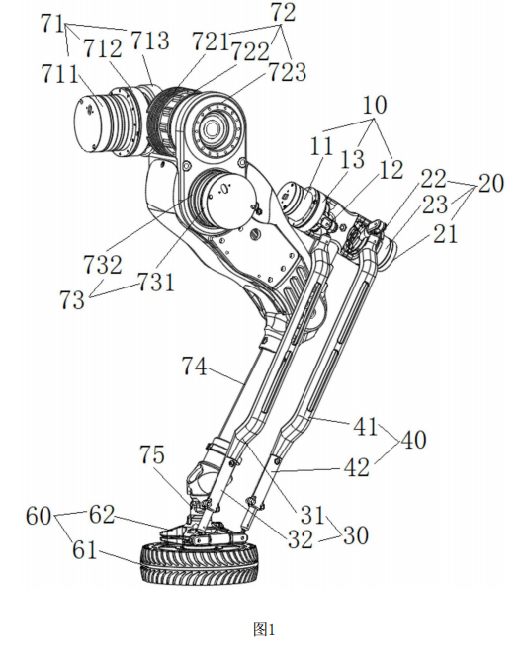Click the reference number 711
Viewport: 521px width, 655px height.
[59, 74]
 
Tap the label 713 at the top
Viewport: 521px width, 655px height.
[150, 41]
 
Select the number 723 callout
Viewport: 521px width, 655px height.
[288, 72]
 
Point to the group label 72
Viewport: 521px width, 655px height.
[284, 12]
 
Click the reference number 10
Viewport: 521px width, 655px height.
[375, 105]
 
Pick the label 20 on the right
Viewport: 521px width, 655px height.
[491, 183]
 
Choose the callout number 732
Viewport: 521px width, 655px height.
[103, 265]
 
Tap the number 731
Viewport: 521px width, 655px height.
[156, 282]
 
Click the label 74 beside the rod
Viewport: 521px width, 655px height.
[195, 367]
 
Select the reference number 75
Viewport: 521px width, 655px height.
[152, 454]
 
